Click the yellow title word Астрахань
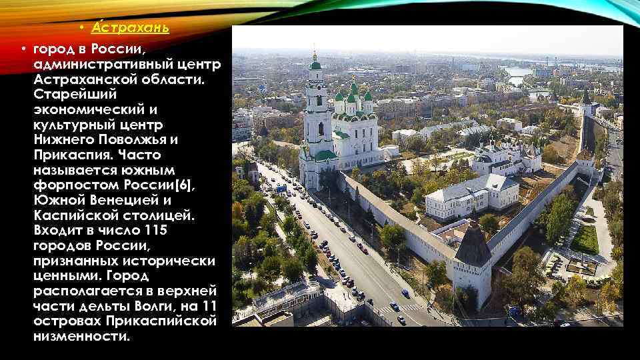[130, 28]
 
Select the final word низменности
[82, 336]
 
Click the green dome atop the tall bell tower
[315, 65]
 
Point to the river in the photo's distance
[521, 71]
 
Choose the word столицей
[149, 215]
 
